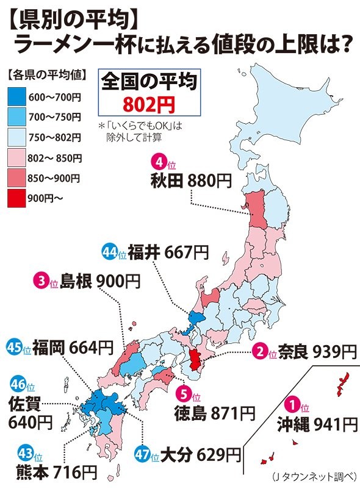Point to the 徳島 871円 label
[214, 412]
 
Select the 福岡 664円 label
[73, 348]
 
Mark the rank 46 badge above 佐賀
[16, 385]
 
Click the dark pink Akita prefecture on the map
[256, 210]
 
